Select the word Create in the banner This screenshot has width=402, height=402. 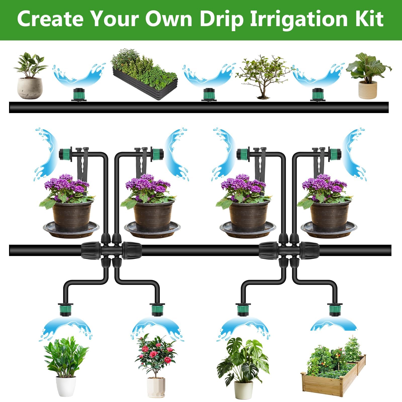[x=50, y=19]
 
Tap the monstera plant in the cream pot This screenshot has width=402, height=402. [x=243, y=368]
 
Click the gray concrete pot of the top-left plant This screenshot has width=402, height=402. [x=30, y=88]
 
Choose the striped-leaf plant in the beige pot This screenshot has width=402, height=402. [x=368, y=76]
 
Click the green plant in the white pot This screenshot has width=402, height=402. [x=66, y=367]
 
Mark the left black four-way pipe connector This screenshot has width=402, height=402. [x=111, y=250]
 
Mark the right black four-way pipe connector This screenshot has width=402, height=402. [x=289, y=250]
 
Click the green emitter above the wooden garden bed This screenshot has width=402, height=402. [x=334, y=310]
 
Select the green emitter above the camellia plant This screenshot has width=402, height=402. [x=157, y=310]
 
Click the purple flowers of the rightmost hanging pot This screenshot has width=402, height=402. [x=324, y=184]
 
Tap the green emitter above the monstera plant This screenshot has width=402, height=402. [x=243, y=310]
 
